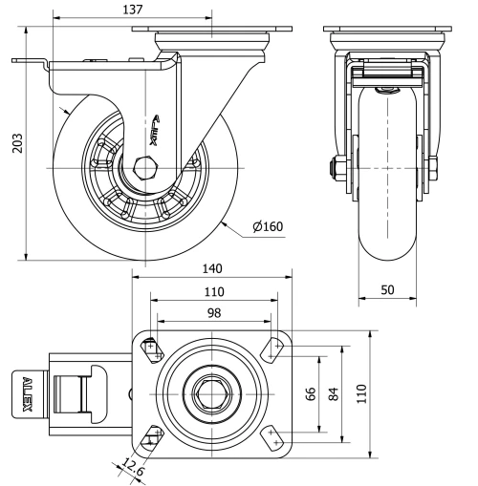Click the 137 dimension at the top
coord(132,10)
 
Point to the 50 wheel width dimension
coord(387,289)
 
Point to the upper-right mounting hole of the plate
coord(274,348)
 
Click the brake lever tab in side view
coord(29,63)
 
